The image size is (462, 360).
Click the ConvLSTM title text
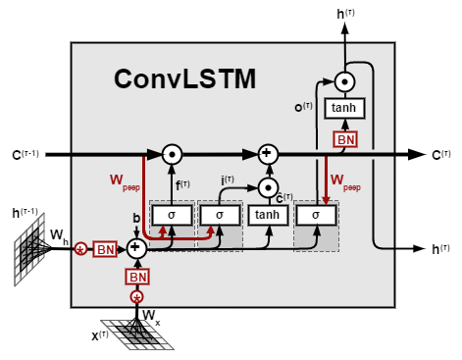pyautogui.click(x=184, y=77)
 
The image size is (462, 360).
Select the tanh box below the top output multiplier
pyautogui.click(x=344, y=109)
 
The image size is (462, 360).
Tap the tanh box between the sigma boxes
pyautogui.click(x=267, y=215)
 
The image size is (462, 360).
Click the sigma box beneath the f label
pyautogui.click(x=171, y=215)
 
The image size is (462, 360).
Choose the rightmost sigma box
pyautogui.click(x=315, y=215)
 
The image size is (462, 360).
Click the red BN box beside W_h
pyautogui.click(x=105, y=249)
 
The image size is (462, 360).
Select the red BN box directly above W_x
pyautogui.click(x=136, y=276)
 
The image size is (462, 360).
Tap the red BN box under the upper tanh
pyautogui.click(x=345, y=139)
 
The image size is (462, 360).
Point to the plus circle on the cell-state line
pyautogui.click(x=267, y=154)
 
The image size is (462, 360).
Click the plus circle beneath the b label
pyautogui.click(x=136, y=249)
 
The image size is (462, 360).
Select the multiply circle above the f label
pyautogui.click(x=172, y=154)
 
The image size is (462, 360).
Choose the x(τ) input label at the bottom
pyautogui.click(x=101, y=334)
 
